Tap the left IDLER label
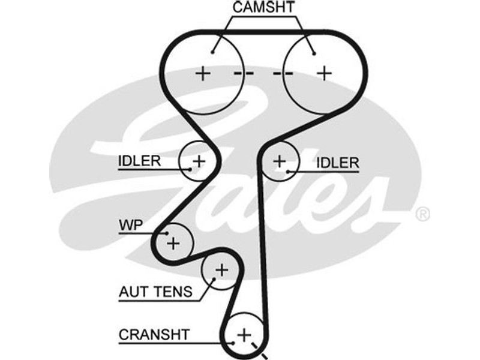click(139, 161)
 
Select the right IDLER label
click(337, 162)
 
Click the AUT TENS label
click(155, 292)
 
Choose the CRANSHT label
click(154, 334)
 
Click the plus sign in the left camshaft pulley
click(203, 73)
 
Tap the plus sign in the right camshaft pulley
click(325, 73)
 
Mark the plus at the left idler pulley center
click(199, 161)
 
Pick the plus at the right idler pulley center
click(279, 161)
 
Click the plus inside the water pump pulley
click(173, 243)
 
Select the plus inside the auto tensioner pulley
click(221, 270)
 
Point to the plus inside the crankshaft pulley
click(243, 334)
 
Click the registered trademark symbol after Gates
click(423, 214)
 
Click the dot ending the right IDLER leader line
click(289, 172)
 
